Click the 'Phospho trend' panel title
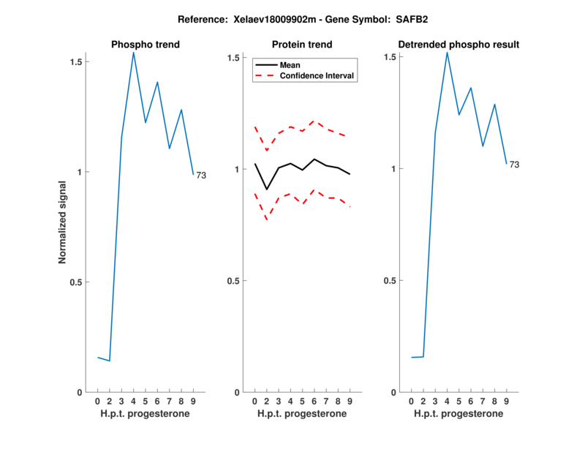point(146,45)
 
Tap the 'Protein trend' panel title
point(302,45)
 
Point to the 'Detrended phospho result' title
point(458,45)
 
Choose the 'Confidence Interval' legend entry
point(317,75)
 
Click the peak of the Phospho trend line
point(133,52)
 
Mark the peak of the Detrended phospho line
point(447,52)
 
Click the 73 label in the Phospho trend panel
point(201,176)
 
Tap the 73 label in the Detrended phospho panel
point(514,165)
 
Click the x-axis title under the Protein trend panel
point(302,414)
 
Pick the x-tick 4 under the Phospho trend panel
point(133,402)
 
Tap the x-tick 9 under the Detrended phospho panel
point(506,402)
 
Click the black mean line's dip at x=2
point(267,189)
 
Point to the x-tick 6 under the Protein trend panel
point(314,402)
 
